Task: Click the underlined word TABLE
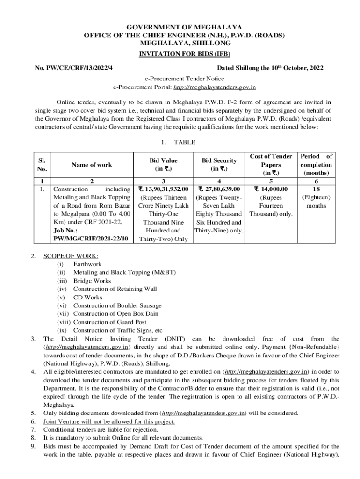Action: click(184, 142)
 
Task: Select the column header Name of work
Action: click(91, 165)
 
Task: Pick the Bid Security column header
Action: click(219, 165)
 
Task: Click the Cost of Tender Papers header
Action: click(271, 165)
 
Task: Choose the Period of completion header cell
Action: click(316, 165)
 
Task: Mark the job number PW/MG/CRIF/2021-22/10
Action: click(91, 239)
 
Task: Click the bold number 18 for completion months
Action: click(316, 189)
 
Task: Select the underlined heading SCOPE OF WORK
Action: click(71, 256)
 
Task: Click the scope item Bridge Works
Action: click(92, 281)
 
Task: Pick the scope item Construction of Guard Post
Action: click(110, 322)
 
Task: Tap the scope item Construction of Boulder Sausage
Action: click(117, 306)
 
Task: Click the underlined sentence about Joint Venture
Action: click(109, 421)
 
